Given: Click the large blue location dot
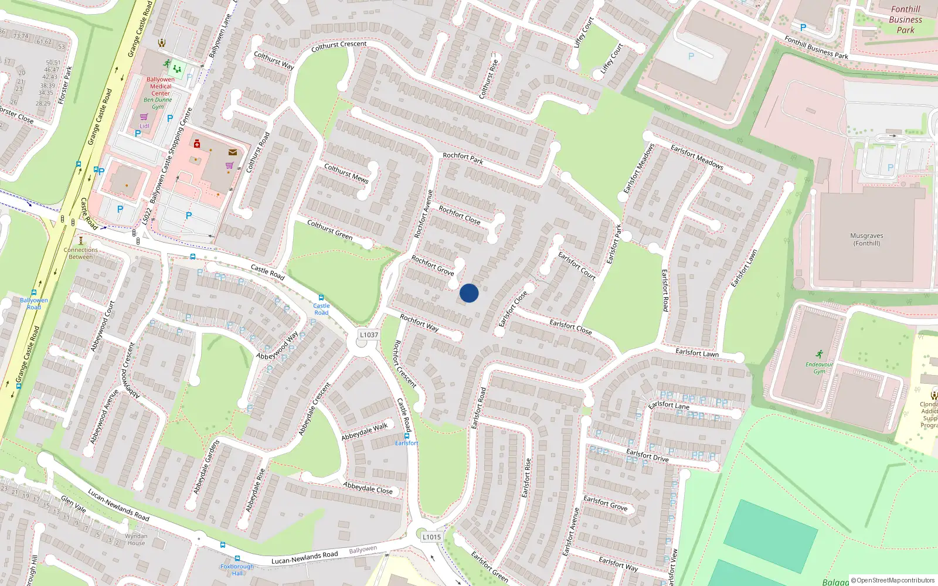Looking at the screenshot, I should tap(469, 293).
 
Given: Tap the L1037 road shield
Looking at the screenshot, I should tap(369, 335).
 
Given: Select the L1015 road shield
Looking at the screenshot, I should tap(431, 537).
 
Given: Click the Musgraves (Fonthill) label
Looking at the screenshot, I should tap(866, 239).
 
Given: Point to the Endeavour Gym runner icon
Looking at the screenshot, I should tap(819, 354).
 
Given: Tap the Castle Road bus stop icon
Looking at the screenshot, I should tap(321, 298).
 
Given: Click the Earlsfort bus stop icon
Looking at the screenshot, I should tap(407, 436).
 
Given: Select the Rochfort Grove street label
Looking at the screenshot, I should tap(433, 265).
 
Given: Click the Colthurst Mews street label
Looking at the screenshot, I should tap(346, 173).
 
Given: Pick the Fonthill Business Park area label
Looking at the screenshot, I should tap(905, 19).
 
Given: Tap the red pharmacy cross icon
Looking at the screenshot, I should tap(197, 144).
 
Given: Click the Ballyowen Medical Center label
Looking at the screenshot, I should tap(161, 86).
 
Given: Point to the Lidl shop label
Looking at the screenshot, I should tap(144, 126).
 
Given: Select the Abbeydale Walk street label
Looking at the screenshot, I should tap(365, 432).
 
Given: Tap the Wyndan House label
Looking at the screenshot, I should tap(136, 539).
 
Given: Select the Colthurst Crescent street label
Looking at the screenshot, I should tap(339, 46).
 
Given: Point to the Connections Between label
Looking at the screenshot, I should tap(81, 253).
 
